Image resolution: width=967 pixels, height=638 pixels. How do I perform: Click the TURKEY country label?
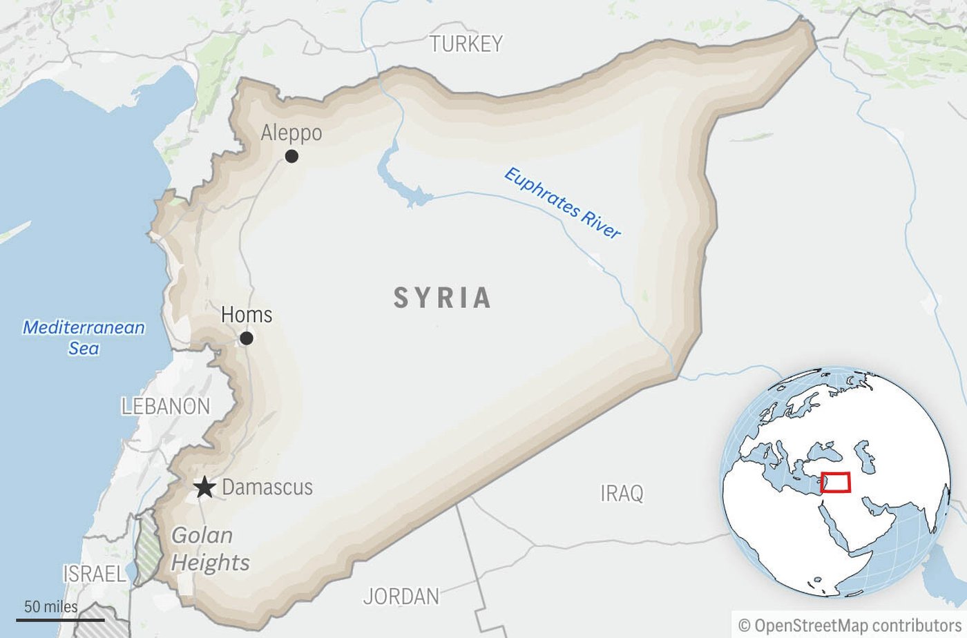coord(466,44)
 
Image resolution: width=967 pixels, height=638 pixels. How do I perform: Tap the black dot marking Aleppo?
coord(291,156)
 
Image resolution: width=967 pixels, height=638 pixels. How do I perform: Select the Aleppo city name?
coord(291,133)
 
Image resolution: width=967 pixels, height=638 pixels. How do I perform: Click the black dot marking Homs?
coord(246,338)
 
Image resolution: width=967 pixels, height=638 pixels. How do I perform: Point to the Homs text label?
coord(247,315)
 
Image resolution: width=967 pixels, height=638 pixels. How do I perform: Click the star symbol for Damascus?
coord(204,487)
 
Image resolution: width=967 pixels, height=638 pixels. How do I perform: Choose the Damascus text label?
coord(267,487)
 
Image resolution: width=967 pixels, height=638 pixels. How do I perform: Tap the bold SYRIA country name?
coord(443,298)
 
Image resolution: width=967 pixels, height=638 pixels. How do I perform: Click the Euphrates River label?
coord(562,204)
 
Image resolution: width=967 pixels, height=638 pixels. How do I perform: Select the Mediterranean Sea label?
coord(84,337)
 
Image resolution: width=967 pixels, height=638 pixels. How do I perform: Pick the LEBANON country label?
coord(166,406)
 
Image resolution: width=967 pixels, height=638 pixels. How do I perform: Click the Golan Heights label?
coord(210,549)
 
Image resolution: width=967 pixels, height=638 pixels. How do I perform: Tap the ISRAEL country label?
coord(95,573)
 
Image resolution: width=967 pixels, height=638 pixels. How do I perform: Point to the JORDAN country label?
coord(401,596)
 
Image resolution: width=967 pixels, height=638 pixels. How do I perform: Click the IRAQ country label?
coord(622,493)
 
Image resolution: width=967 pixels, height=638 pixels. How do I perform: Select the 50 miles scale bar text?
coord(51,607)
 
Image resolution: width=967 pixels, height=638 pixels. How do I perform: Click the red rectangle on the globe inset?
coord(836,482)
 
